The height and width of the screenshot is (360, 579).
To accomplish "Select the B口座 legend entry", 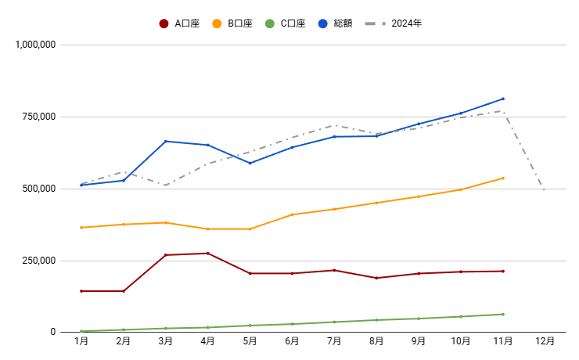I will [232, 23].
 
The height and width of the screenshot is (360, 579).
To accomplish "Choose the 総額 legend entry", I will [336, 23].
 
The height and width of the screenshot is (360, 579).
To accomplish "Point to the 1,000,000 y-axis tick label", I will [35, 45].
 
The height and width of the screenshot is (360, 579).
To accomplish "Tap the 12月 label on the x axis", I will [545, 341].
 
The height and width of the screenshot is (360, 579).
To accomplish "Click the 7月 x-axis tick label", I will [334, 341].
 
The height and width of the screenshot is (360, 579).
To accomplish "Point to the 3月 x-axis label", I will [165, 341].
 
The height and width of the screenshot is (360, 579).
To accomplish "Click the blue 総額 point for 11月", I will [502, 99].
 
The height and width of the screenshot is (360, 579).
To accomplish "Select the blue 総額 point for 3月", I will [165, 141].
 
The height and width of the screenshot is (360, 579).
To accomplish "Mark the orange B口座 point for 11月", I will [502, 178].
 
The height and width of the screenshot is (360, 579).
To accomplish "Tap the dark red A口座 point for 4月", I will [207, 253].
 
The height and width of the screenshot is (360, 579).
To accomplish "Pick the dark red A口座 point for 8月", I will [376, 278].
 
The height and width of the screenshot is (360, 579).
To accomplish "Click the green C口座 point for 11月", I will [502, 314].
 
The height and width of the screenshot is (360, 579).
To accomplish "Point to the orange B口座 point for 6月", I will [292, 214].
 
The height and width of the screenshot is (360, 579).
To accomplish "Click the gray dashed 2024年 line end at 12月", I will [544, 189].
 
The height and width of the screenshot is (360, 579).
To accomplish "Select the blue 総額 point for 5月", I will [250, 163].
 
